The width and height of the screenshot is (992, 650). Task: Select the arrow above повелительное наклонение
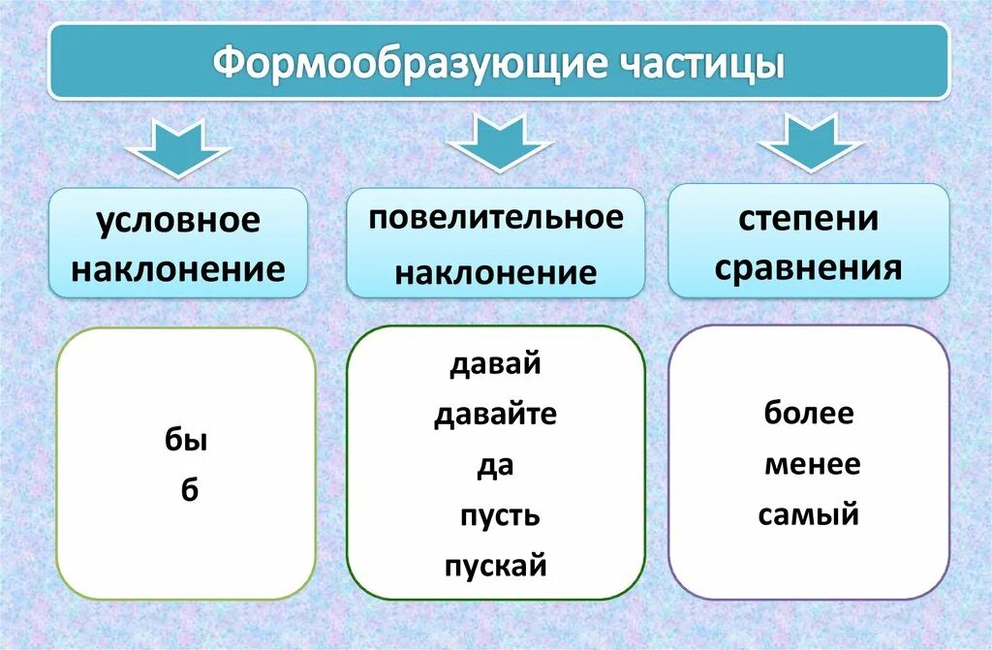point(498,142)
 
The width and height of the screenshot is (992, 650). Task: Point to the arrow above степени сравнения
point(811,142)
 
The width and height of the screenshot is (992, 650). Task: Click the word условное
point(178,220)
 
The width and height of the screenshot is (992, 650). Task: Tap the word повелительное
point(496,218)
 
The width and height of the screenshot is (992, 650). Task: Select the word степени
point(809,218)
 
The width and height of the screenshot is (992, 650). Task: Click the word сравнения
point(809,267)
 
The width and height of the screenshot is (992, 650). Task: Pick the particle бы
point(186,442)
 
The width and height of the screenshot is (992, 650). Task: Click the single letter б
point(189,490)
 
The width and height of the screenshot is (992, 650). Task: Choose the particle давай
point(495,366)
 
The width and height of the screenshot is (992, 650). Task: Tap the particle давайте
point(495,417)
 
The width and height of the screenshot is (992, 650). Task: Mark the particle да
point(495,466)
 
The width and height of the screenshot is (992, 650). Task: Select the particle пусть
point(499,515)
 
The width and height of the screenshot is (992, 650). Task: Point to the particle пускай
point(496,565)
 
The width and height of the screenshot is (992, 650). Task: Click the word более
point(809,414)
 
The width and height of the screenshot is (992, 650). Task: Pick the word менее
point(812,464)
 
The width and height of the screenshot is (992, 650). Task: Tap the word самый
point(809,514)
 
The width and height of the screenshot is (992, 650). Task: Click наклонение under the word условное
point(178,268)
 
